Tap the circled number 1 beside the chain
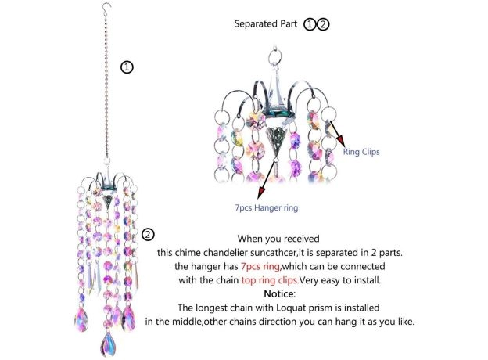(127, 67)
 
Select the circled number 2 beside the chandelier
(148, 235)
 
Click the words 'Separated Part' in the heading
(265, 24)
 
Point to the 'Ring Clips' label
(361, 152)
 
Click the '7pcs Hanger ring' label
(267, 207)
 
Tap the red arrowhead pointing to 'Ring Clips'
(341, 140)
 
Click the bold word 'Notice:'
(280, 293)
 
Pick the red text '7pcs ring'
(260, 267)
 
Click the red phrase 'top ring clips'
(270, 280)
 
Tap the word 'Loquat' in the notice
(291, 308)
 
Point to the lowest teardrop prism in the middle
(108, 344)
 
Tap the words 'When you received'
(278, 239)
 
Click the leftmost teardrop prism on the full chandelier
(81, 319)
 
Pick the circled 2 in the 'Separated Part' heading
(323, 24)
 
